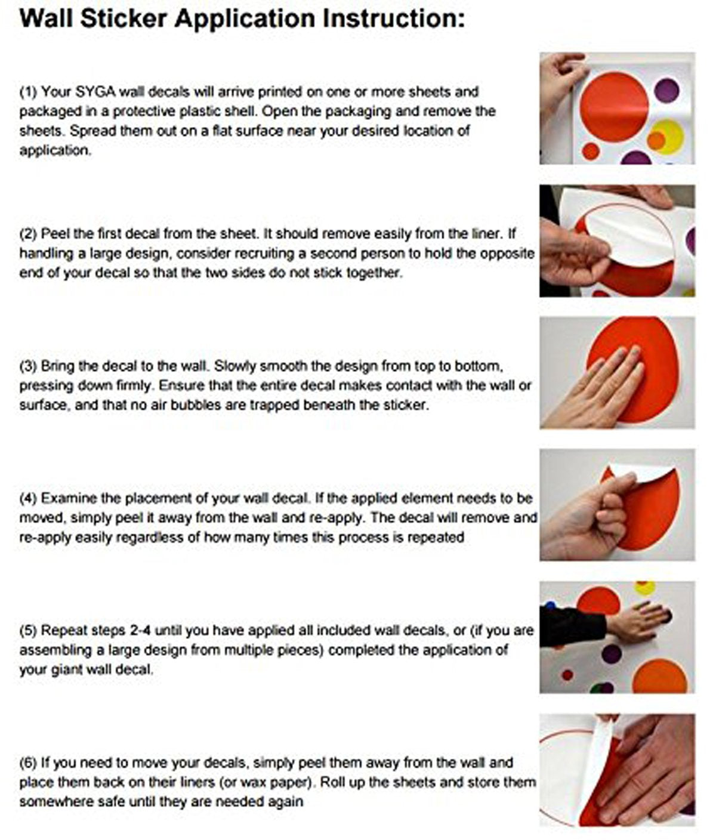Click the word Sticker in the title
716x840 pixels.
124,18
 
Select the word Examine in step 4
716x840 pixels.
67,499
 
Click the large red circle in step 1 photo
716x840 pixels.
613,107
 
